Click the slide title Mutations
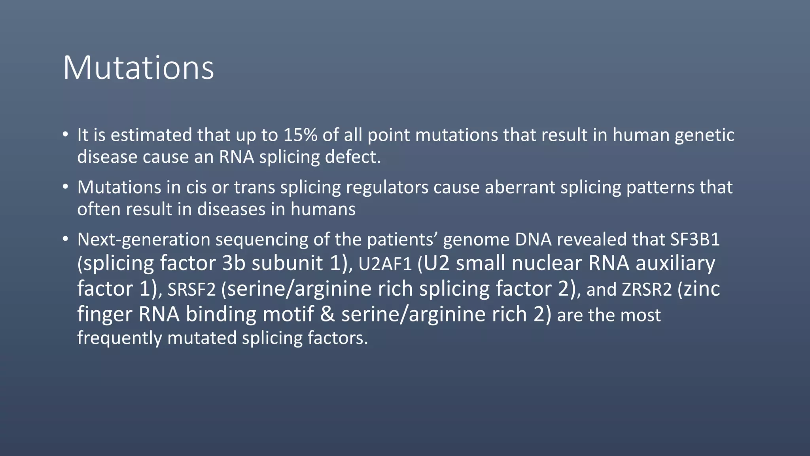138,68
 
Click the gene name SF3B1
695,239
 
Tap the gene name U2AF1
385,264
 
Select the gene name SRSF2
191,290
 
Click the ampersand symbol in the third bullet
327,314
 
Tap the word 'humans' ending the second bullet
323,209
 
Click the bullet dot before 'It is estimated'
65,135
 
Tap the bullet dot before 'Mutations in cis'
65,186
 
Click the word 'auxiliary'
675,264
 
